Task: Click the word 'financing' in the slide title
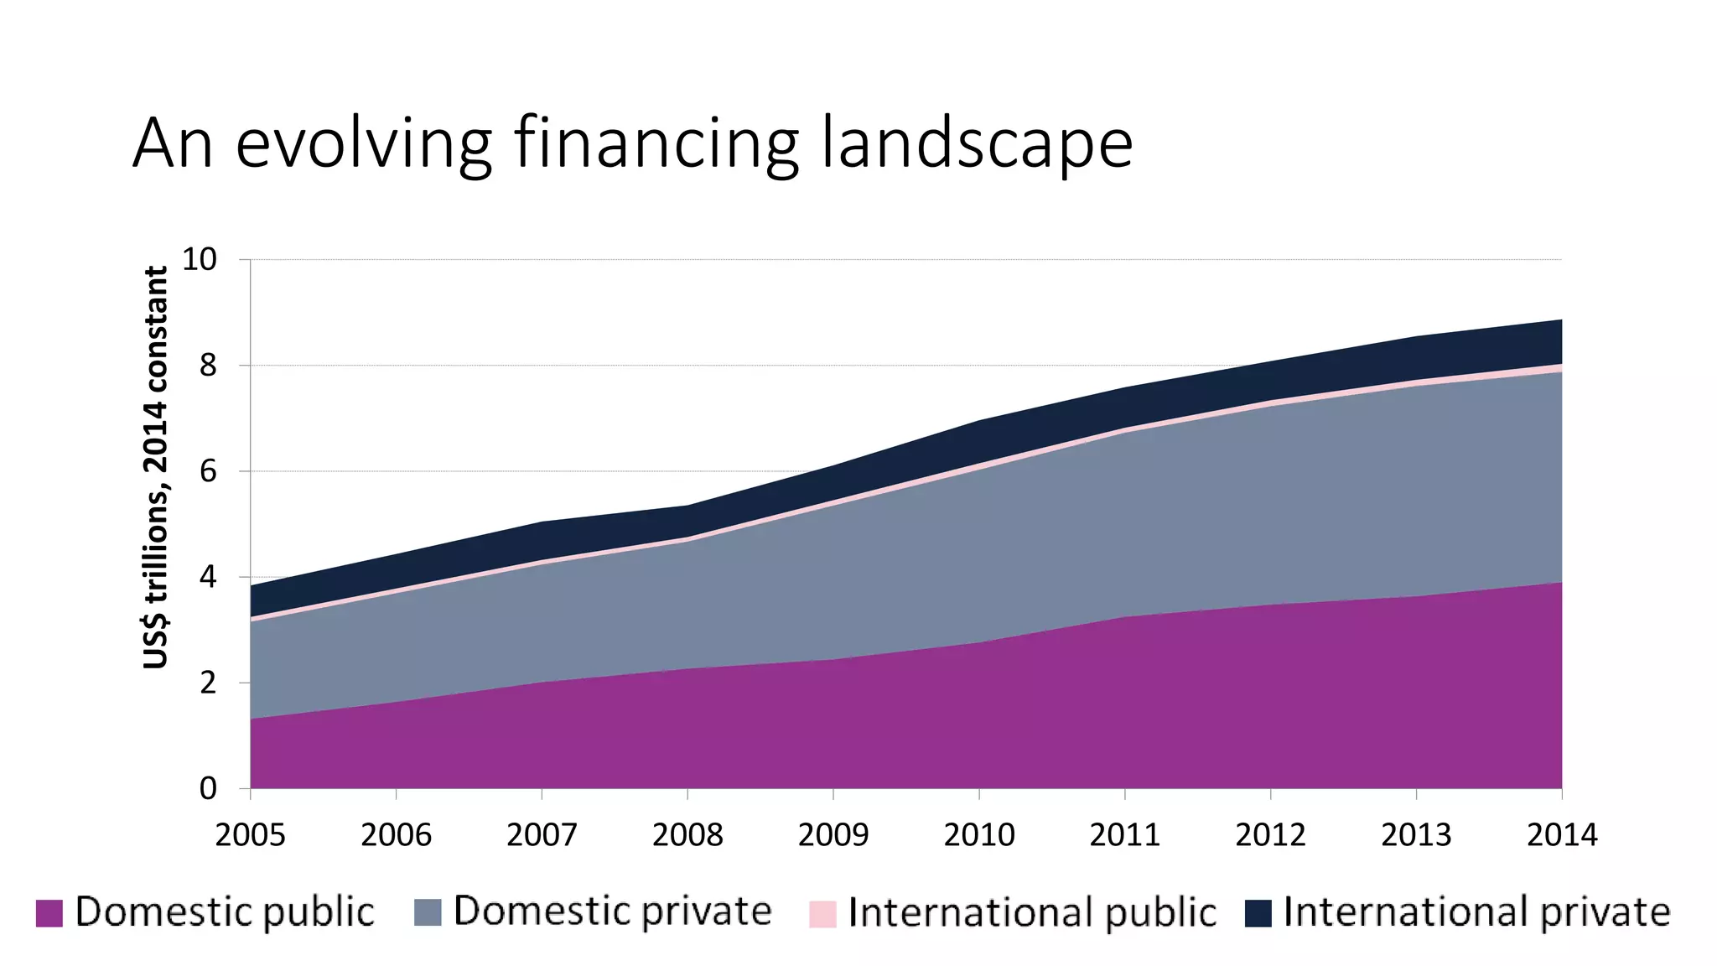pyautogui.click(x=656, y=144)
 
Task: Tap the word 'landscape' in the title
pyautogui.click(x=977, y=144)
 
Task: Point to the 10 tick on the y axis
pyautogui.click(x=199, y=260)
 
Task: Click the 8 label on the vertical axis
pyautogui.click(x=208, y=366)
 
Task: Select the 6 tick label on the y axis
pyautogui.click(x=208, y=471)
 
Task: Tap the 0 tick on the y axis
pyautogui.click(x=208, y=788)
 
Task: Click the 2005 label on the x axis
pyautogui.click(x=250, y=835)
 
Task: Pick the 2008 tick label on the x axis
pyautogui.click(x=687, y=835)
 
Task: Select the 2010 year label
pyautogui.click(x=979, y=835)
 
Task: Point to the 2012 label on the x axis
pyautogui.click(x=1270, y=835)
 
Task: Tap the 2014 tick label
pyautogui.click(x=1562, y=835)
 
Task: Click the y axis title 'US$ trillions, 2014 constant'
pyautogui.click(x=156, y=467)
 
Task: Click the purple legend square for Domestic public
pyautogui.click(x=49, y=913)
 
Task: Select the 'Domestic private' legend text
pyautogui.click(x=612, y=911)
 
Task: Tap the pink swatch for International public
pyautogui.click(x=822, y=914)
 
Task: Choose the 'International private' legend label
pyautogui.click(x=1476, y=911)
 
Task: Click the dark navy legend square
pyautogui.click(x=1258, y=913)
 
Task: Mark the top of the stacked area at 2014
pyautogui.click(x=1560, y=320)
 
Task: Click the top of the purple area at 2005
pyautogui.click(x=252, y=719)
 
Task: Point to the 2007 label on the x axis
pyautogui.click(x=542, y=835)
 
